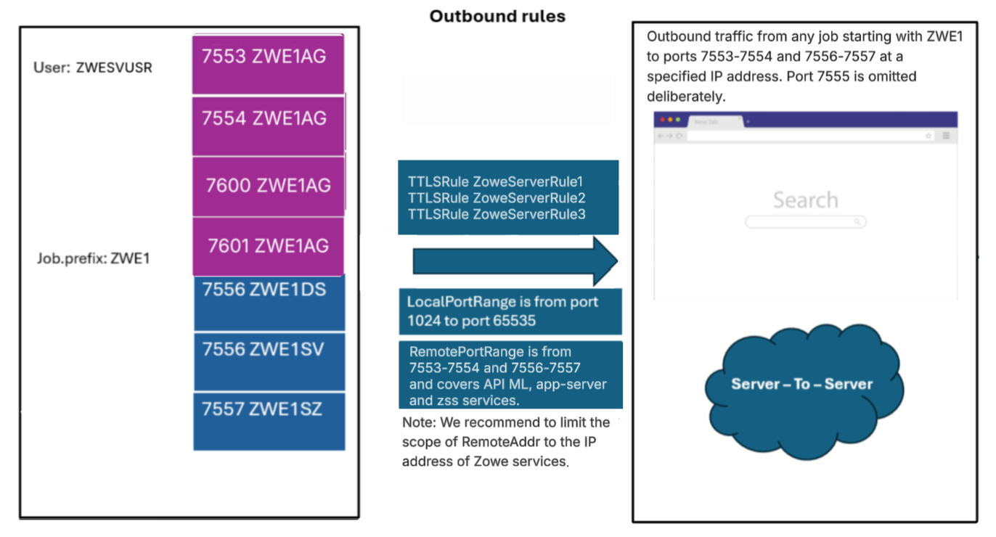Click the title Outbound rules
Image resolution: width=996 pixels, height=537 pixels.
pos(497,16)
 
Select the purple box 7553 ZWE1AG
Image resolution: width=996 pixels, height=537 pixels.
pos(268,64)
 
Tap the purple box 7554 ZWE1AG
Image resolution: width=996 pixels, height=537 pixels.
pos(268,124)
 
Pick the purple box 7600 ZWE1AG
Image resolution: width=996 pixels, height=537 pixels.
pos(268,186)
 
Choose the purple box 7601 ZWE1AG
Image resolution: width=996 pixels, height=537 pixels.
pos(268,246)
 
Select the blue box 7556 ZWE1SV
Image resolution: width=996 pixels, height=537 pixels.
pos(269,361)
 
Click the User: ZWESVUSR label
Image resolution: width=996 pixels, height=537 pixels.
pos(93,67)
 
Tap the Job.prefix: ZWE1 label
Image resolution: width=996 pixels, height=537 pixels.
pos(93,258)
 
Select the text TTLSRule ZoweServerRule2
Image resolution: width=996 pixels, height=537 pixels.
pos(497,198)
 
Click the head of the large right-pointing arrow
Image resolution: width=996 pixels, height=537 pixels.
pos(604,261)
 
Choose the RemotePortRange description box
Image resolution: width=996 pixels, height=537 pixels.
pos(510,374)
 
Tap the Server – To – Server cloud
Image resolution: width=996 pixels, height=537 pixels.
pos(802,384)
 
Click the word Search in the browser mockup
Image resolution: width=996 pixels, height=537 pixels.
pos(805,200)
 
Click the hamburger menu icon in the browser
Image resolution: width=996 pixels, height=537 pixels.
pos(946,136)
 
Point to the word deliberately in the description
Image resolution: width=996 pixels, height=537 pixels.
pos(685,97)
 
